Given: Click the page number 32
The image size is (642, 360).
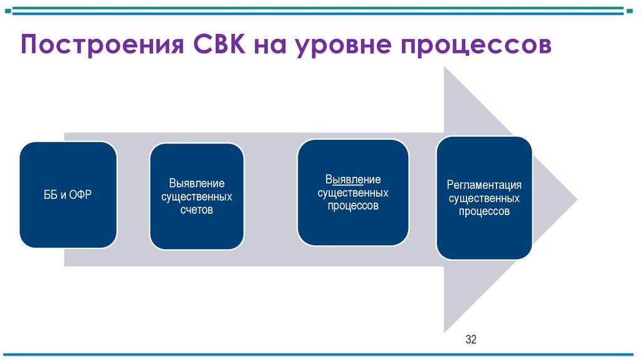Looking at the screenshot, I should pyautogui.click(x=471, y=341).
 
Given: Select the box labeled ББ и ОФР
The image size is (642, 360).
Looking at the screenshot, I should pyautogui.click(x=68, y=194).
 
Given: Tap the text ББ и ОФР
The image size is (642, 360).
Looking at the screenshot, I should pyautogui.click(x=68, y=195).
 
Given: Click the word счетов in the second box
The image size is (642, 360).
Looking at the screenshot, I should pyautogui.click(x=196, y=210).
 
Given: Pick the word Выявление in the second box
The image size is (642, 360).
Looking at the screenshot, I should pyautogui.click(x=196, y=184).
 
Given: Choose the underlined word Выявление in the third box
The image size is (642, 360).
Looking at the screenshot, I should pyautogui.click(x=352, y=180).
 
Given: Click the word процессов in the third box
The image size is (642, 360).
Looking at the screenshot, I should pyautogui.click(x=352, y=206).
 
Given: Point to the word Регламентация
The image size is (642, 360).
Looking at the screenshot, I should pyautogui.click(x=484, y=185).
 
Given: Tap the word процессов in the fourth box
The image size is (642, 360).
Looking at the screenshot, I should pyautogui.click(x=484, y=211).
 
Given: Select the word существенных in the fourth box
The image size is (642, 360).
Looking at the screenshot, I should pyautogui.click(x=484, y=198).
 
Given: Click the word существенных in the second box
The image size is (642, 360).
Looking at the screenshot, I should pyautogui.click(x=196, y=197).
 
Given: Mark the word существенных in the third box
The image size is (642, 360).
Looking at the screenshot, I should pyautogui.click(x=352, y=193).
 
